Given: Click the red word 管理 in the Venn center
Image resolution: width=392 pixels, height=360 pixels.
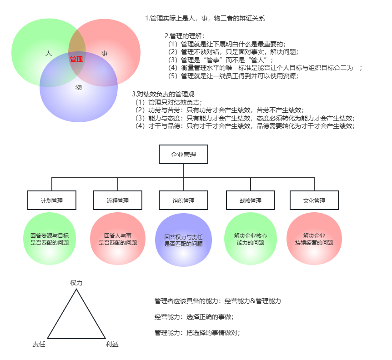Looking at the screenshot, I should point(76,59).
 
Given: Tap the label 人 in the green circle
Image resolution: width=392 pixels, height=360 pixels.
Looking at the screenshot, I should point(49,53).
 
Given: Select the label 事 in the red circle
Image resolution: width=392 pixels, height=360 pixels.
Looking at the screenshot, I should point(105,53).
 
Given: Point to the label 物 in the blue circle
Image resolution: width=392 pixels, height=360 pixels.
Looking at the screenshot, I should point(79,87).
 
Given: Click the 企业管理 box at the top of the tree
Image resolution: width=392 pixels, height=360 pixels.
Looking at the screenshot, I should point(183,155).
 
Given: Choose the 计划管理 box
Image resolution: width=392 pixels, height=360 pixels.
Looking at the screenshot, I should point(52,200).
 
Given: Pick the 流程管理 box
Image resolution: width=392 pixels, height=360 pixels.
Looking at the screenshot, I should point(118,200).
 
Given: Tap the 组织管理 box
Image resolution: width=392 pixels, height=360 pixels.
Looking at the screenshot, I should point(183,200).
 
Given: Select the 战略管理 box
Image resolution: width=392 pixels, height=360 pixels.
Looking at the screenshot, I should point(251,200).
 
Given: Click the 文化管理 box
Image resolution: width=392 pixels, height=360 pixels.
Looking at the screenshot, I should point(314,200).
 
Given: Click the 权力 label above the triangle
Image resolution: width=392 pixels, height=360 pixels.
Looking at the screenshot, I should point(76,283).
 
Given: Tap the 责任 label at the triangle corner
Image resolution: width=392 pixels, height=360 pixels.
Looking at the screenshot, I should point(39,345).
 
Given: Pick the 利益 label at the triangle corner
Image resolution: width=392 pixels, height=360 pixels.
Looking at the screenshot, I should point(112,345).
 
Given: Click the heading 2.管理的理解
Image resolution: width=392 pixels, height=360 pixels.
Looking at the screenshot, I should point(185,35).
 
